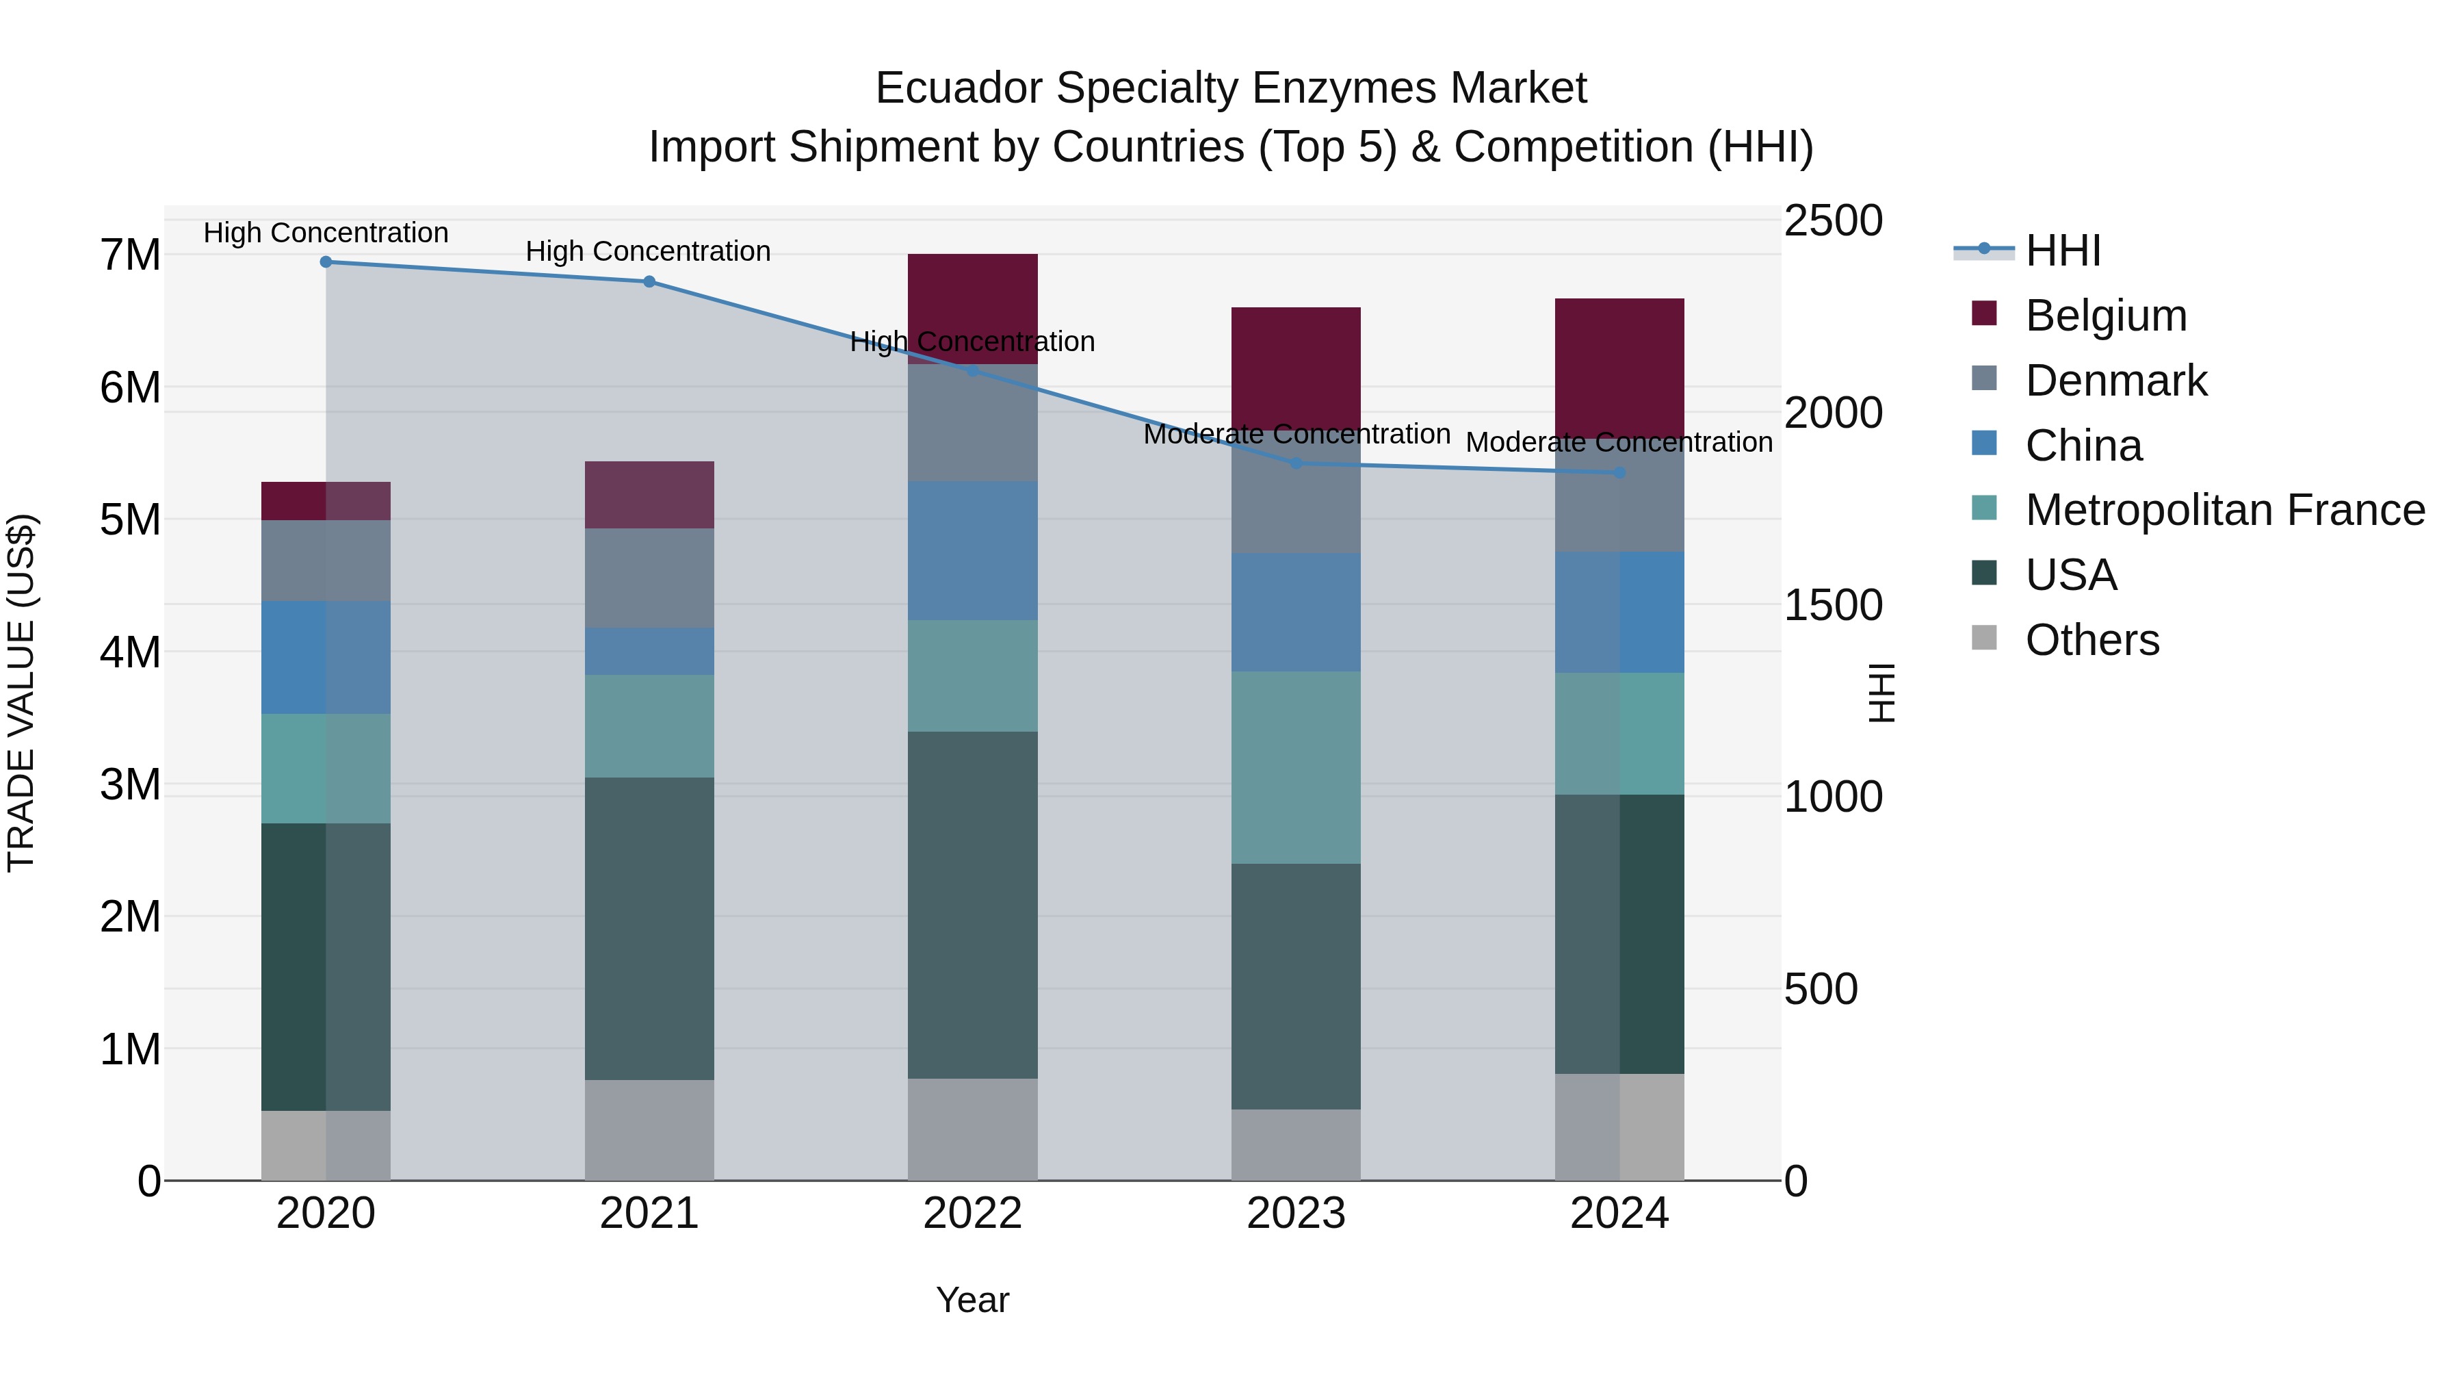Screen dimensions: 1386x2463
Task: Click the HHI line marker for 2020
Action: [x=326, y=262]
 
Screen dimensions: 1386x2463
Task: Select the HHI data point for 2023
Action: [x=1296, y=463]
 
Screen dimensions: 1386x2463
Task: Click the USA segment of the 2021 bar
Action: [x=649, y=928]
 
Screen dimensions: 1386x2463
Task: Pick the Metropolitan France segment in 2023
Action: [x=1296, y=767]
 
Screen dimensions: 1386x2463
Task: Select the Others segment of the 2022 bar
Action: [x=972, y=1129]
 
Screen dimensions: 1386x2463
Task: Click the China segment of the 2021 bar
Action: [x=649, y=652]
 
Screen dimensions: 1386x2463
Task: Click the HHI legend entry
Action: [x=2062, y=251]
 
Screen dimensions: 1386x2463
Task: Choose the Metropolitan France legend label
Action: [x=2225, y=510]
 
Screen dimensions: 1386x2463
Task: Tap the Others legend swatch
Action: [x=1984, y=638]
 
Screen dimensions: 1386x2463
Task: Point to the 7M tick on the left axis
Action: [x=130, y=255]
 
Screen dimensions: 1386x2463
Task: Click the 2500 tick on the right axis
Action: [x=1833, y=221]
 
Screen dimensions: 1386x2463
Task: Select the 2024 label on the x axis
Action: [x=1619, y=1214]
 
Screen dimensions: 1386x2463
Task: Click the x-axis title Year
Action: [x=972, y=1300]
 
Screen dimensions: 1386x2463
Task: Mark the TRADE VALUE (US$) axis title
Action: [x=21, y=693]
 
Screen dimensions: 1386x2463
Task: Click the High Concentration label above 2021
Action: [x=649, y=252]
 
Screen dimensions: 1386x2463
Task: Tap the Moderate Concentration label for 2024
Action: [x=1619, y=443]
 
